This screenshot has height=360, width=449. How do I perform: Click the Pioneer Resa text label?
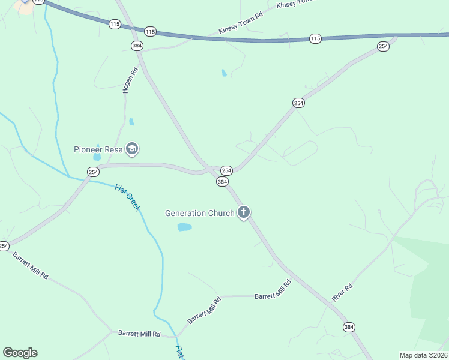click(98, 149)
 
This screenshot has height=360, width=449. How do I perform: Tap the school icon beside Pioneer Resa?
click(133, 149)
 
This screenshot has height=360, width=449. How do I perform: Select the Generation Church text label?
click(200, 213)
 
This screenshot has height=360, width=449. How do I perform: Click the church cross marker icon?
click(244, 212)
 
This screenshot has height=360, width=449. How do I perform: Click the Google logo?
click(20, 353)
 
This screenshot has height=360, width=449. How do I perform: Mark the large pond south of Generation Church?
click(184, 227)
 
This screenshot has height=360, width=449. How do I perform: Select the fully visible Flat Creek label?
click(127, 197)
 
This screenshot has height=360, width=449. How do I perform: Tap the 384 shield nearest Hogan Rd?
click(137, 46)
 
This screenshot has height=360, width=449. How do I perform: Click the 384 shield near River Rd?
click(349, 327)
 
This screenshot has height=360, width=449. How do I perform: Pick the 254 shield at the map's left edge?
click(4, 246)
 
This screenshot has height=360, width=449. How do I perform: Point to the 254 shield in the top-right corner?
click(382, 46)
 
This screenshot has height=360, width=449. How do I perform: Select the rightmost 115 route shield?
click(315, 38)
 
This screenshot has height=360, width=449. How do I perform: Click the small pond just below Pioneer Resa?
click(97, 157)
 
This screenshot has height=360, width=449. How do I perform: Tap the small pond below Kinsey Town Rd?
click(224, 73)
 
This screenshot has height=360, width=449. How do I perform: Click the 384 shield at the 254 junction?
click(222, 181)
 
